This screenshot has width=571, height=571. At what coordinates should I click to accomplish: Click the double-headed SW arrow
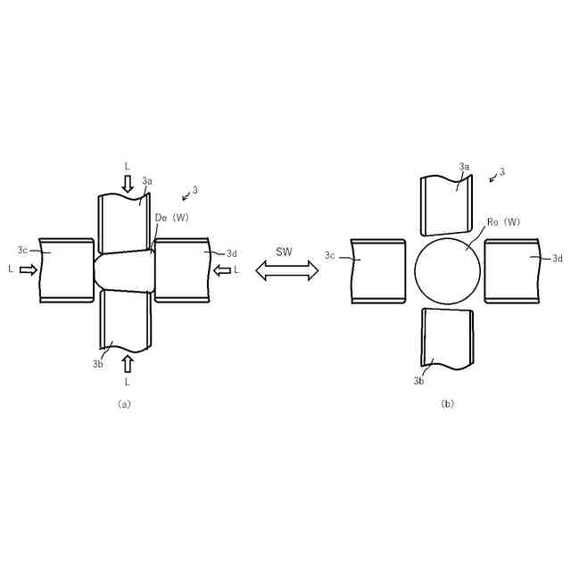click(287, 270)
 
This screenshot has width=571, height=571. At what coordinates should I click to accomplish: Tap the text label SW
click(284, 252)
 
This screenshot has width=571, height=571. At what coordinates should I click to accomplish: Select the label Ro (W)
click(505, 222)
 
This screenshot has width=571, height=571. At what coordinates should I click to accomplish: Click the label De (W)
click(172, 217)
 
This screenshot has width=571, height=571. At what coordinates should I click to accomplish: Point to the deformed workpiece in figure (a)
click(125, 269)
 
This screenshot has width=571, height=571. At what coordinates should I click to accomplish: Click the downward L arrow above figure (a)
click(128, 183)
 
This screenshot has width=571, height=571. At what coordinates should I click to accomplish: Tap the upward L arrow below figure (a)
click(128, 363)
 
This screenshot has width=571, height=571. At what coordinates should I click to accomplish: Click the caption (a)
click(124, 403)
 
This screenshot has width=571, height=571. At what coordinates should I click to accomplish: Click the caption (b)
click(447, 403)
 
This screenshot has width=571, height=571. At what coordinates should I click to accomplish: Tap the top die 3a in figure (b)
click(445, 205)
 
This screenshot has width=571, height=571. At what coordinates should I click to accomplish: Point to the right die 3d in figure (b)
click(512, 271)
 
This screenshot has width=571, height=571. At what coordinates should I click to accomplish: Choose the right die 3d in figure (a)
click(182, 269)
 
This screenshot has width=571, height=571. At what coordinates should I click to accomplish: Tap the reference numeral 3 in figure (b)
click(502, 171)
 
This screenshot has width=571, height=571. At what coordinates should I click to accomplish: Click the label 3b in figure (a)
click(97, 364)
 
